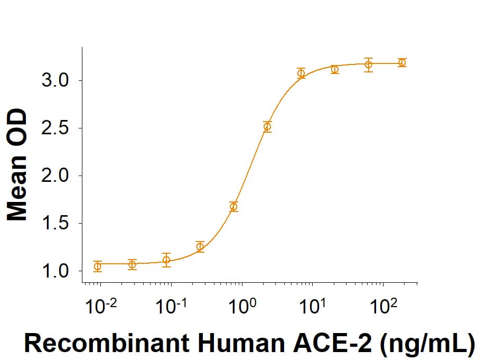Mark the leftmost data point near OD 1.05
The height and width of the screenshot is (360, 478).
pos(97,266)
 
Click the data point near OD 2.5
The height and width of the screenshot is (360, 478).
pos(267,126)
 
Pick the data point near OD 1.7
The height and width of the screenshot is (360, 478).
pos(233,206)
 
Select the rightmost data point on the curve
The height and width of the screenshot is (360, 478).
pos(402,62)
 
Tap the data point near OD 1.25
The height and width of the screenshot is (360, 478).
pos(200,246)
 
